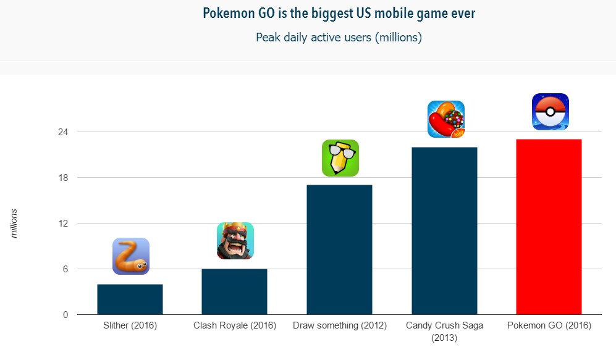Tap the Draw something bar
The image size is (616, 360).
(x=339, y=249)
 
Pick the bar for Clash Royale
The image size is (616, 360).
(x=234, y=291)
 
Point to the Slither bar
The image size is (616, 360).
(x=130, y=299)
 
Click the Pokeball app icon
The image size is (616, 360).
(x=550, y=112)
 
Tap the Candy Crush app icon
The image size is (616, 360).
(x=445, y=119)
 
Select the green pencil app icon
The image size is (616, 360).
(x=340, y=158)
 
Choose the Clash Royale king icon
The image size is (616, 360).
(x=235, y=241)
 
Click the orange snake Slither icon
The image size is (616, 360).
(x=130, y=256)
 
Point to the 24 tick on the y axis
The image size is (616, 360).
(x=62, y=132)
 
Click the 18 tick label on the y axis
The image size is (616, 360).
(x=62, y=178)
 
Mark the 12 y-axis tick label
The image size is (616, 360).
(x=62, y=224)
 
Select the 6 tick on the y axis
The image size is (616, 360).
(x=64, y=269)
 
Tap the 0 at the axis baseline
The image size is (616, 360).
(x=64, y=315)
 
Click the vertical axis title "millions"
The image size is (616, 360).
(x=14, y=224)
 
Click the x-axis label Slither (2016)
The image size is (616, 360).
(x=130, y=325)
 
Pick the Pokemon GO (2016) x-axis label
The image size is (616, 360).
(x=549, y=325)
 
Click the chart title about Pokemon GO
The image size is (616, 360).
(x=339, y=13)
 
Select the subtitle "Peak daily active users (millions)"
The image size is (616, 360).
(x=339, y=37)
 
